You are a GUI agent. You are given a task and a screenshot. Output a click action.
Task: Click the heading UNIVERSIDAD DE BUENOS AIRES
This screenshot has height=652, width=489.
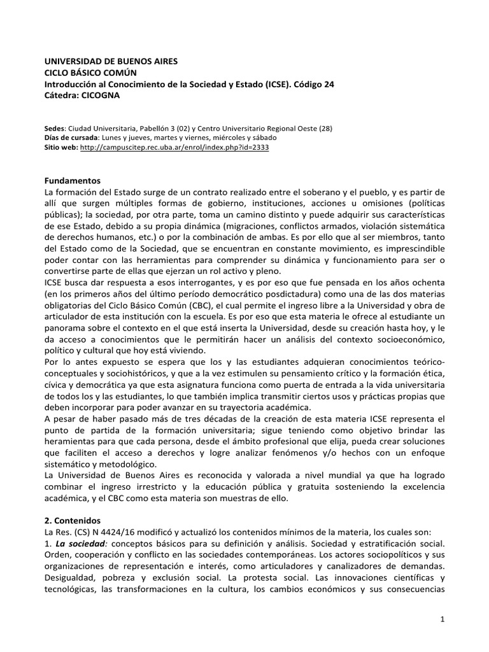tap(111, 62)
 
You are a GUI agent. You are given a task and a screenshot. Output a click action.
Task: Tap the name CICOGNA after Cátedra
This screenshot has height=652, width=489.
tap(101, 95)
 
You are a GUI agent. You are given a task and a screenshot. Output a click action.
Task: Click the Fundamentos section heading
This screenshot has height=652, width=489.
tap(73, 181)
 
